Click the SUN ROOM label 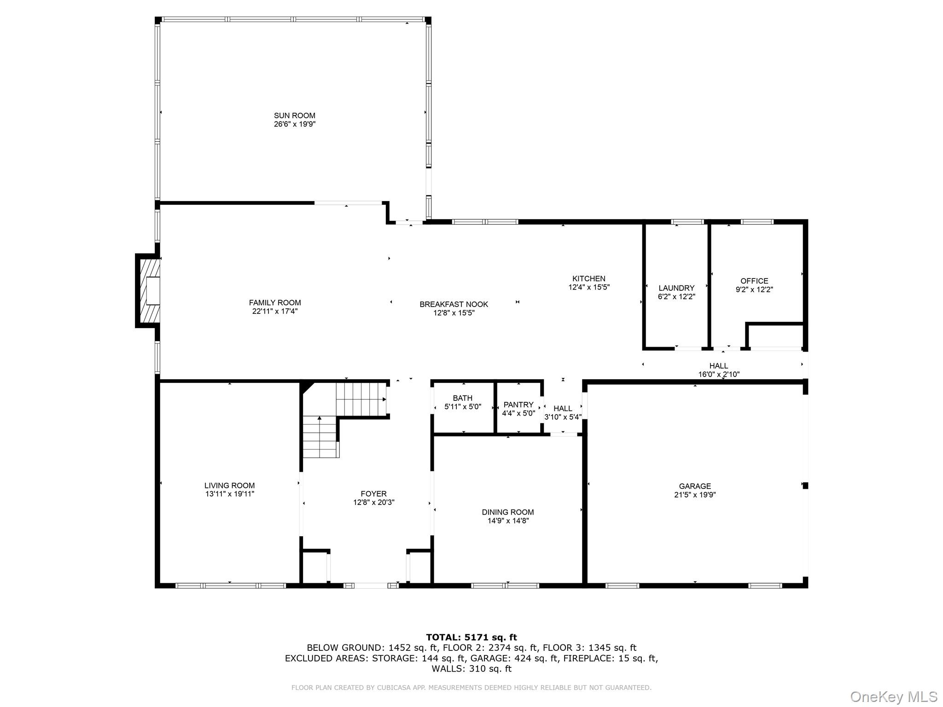tap(294, 116)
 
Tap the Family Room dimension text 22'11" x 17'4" tap(275, 311)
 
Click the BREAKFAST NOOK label tap(454, 304)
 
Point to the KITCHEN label tap(588, 278)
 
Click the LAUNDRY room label tap(676, 288)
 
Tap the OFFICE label tap(754, 281)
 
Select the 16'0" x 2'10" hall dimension tap(718, 375)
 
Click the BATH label tap(462, 398)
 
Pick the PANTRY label tap(518, 405)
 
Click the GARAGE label tap(694, 486)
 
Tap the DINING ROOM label tap(507, 512)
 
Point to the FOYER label tap(373, 494)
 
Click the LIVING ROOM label tap(229, 486)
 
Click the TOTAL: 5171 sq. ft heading tap(471, 637)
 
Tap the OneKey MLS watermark tap(893, 697)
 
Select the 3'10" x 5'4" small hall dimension tap(563, 417)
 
